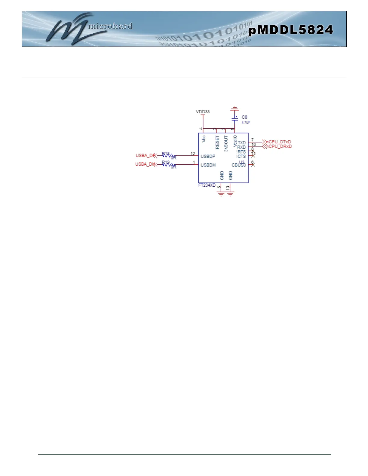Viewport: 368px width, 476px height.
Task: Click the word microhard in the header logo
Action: pos(110,26)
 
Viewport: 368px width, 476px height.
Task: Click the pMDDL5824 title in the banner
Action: pos(291,30)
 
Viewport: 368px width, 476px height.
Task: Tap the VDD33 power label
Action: pos(203,111)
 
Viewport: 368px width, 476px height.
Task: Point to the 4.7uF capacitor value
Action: pos(246,122)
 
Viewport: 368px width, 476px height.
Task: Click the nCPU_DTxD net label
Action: pos(279,142)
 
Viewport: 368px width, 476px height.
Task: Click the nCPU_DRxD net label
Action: pos(279,146)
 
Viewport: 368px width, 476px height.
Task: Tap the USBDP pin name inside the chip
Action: pos(208,156)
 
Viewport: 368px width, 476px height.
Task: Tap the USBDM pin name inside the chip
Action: pos(208,165)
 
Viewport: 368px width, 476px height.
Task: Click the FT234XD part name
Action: pos(207,185)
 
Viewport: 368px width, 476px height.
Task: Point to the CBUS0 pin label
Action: pos(239,165)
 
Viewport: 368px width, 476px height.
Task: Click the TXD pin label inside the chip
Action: pos(242,143)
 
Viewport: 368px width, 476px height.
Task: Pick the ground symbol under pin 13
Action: pos(230,194)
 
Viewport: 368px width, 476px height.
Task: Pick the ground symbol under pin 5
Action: pos(221,194)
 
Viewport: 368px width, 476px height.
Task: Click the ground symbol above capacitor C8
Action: pos(235,108)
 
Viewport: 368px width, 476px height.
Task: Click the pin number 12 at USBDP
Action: pos(193,154)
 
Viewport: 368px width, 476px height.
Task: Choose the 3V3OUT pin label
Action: pos(226,143)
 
